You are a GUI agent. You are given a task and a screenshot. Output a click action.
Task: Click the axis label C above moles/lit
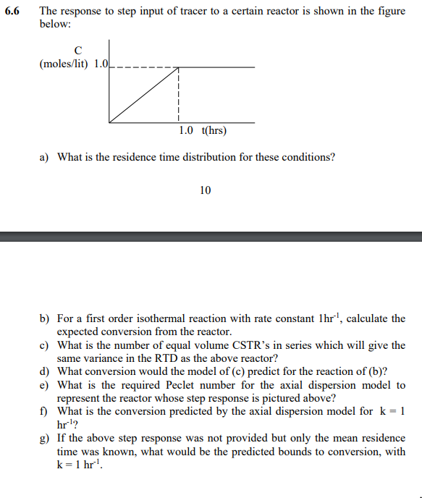point(78,49)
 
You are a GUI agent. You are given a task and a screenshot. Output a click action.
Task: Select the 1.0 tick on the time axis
point(186,130)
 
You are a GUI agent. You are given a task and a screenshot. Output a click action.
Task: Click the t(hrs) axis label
point(214,130)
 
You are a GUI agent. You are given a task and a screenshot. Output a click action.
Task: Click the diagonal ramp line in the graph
point(143,95)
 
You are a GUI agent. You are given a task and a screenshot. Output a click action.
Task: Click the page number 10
point(206,190)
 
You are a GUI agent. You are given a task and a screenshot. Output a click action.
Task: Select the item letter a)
point(44,157)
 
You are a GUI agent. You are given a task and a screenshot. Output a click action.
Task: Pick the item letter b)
point(44,318)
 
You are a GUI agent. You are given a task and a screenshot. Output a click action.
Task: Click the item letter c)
point(44,345)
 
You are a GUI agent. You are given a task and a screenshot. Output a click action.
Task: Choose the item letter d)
point(44,372)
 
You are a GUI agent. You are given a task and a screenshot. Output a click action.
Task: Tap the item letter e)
point(44,385)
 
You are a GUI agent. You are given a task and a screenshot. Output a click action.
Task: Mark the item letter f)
point(44,412)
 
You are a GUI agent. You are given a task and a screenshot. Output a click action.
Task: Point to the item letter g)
point(44,439)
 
